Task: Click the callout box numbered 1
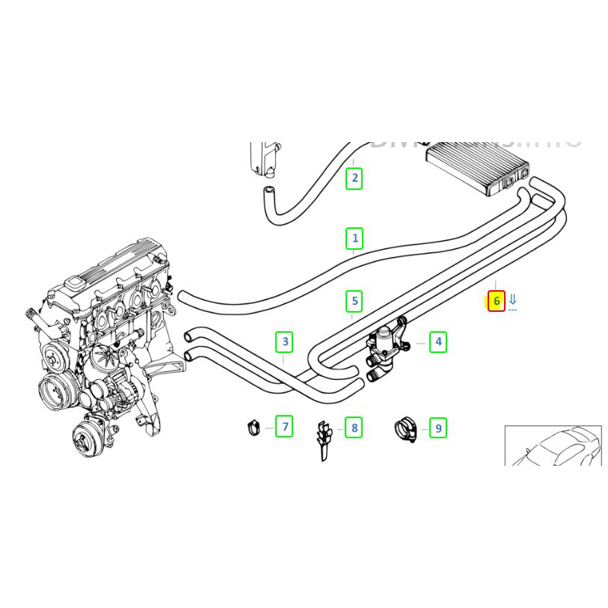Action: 354,239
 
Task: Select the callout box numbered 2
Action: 354,179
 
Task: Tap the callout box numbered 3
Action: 284,343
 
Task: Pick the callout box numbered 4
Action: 438,343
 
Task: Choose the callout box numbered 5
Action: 354,301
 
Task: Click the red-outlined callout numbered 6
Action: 497,301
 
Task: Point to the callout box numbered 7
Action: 284,427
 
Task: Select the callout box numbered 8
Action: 354,428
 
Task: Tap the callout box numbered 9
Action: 438,428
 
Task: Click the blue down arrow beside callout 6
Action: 513,300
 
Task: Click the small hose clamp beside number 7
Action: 253,428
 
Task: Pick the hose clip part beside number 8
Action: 322,440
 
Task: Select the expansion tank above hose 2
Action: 262,158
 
